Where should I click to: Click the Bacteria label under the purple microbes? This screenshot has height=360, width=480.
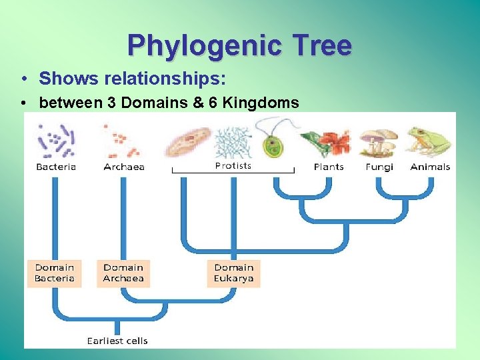coord(56,167)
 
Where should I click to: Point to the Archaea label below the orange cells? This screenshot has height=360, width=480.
coord(124,167)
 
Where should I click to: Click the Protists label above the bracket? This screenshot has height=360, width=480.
coord(233,165)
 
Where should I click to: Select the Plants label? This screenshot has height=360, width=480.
coord(329,167)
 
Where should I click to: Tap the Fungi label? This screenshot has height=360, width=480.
coord(379,167)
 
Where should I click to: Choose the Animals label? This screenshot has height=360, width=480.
coord(430,167)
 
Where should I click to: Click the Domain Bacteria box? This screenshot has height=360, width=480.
coord(55,273)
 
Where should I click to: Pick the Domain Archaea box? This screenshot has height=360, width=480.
coord(123,273)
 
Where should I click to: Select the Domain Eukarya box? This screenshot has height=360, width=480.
coord(233,273)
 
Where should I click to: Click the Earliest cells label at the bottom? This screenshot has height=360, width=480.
coord(117,341)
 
